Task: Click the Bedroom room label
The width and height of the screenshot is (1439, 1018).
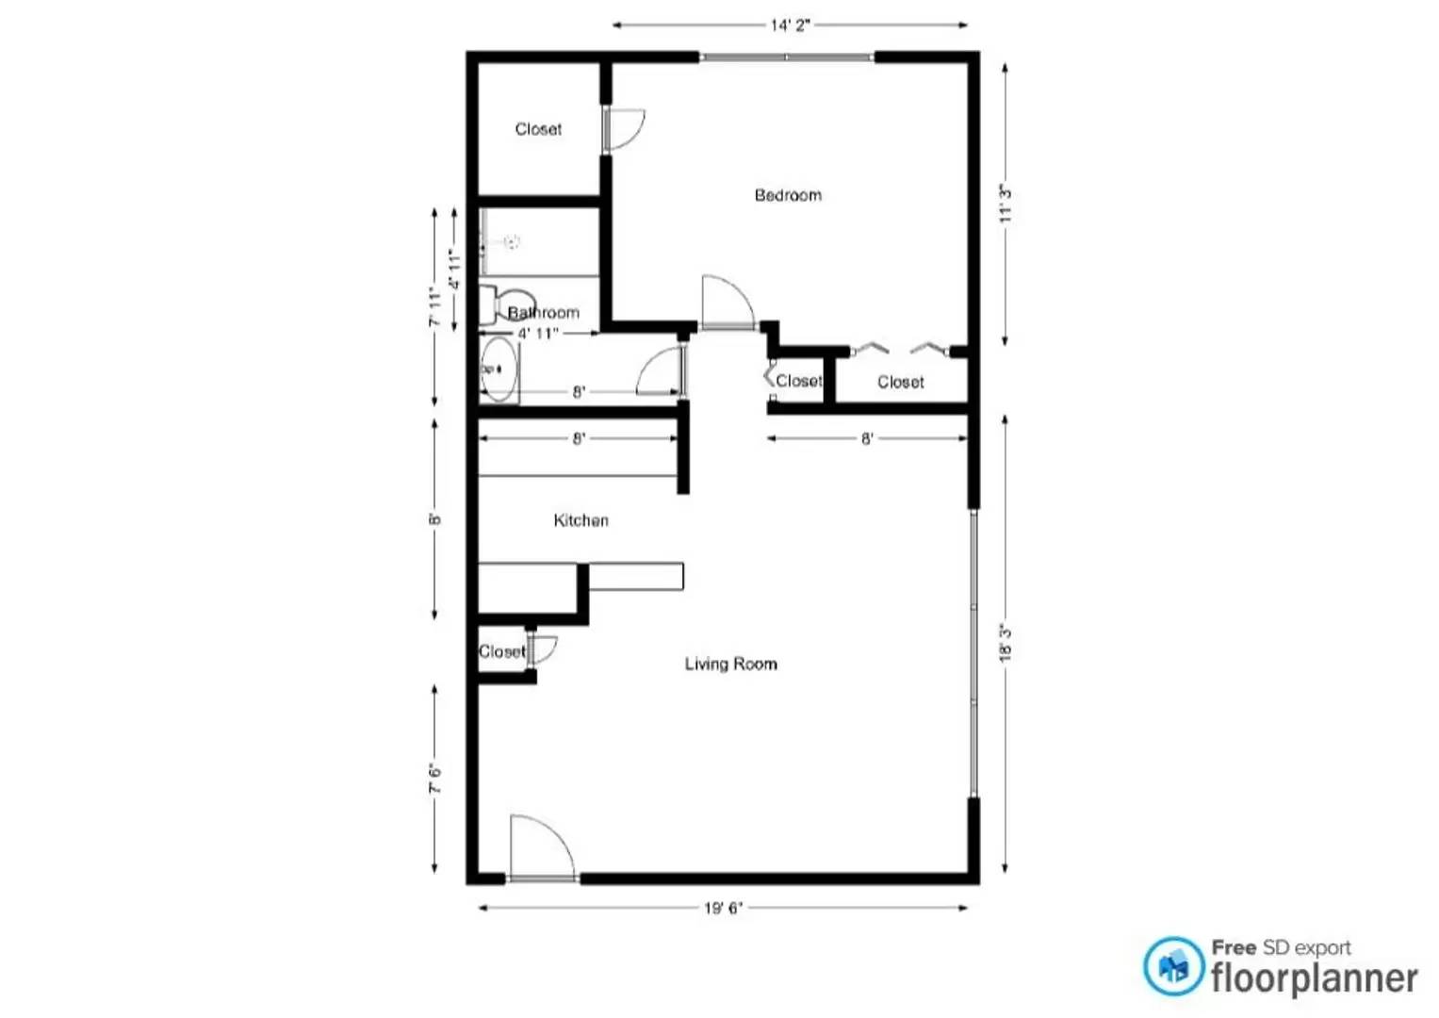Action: pyautogui.click(x=788, y=195)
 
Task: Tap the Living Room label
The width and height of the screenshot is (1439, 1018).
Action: pyautogui.click(x=730, y=664)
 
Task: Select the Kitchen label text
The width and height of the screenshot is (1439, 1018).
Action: pyautogui.click(x=581, y=520)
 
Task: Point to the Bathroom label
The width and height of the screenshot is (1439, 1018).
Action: pyautogui.click(x=544, y=313)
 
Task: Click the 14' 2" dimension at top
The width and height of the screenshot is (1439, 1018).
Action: pyautogui.click(x=790, y=25)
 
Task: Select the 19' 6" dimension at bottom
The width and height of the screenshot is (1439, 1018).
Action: pyautogui.click(x=723, y=908)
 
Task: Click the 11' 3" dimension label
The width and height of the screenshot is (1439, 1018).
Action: pyautogui.click(x=1006, y=205)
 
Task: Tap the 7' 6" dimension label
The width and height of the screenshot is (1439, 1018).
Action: pyautogui.click(x=434, y=778)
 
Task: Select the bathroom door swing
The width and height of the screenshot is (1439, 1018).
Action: pyautogui.click(x=661, y=372)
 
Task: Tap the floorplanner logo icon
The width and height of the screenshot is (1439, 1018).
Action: pyautogui.click(x=1173, y=966)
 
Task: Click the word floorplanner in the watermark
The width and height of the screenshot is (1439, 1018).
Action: pyautogui.click(x=1314, y=978)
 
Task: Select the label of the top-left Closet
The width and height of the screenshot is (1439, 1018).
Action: pyautogui.click(x=538, y=129)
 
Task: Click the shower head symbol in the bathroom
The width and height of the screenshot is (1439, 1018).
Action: pyautogui.click(x=511, y=242)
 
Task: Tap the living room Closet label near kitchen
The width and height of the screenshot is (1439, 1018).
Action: pyautogui.click(x=501, y=651)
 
